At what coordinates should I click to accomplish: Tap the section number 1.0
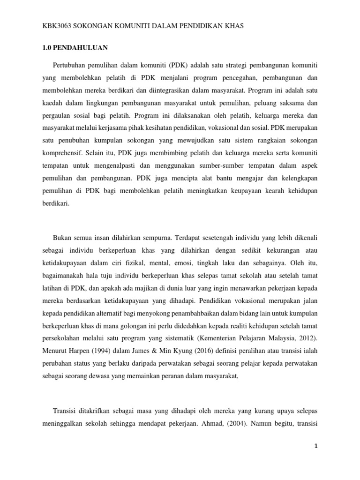point(47,48)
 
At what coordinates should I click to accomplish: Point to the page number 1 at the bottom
point(316,447)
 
